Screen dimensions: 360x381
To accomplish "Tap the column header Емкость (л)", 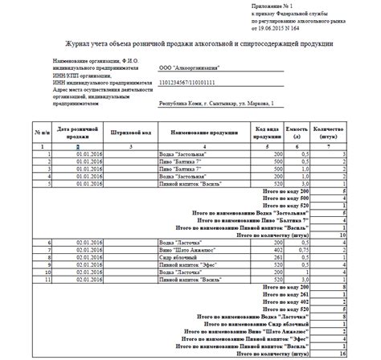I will (297, 130).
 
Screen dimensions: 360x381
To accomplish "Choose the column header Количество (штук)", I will (328, 130).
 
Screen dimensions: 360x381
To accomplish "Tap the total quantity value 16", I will (342, 351).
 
